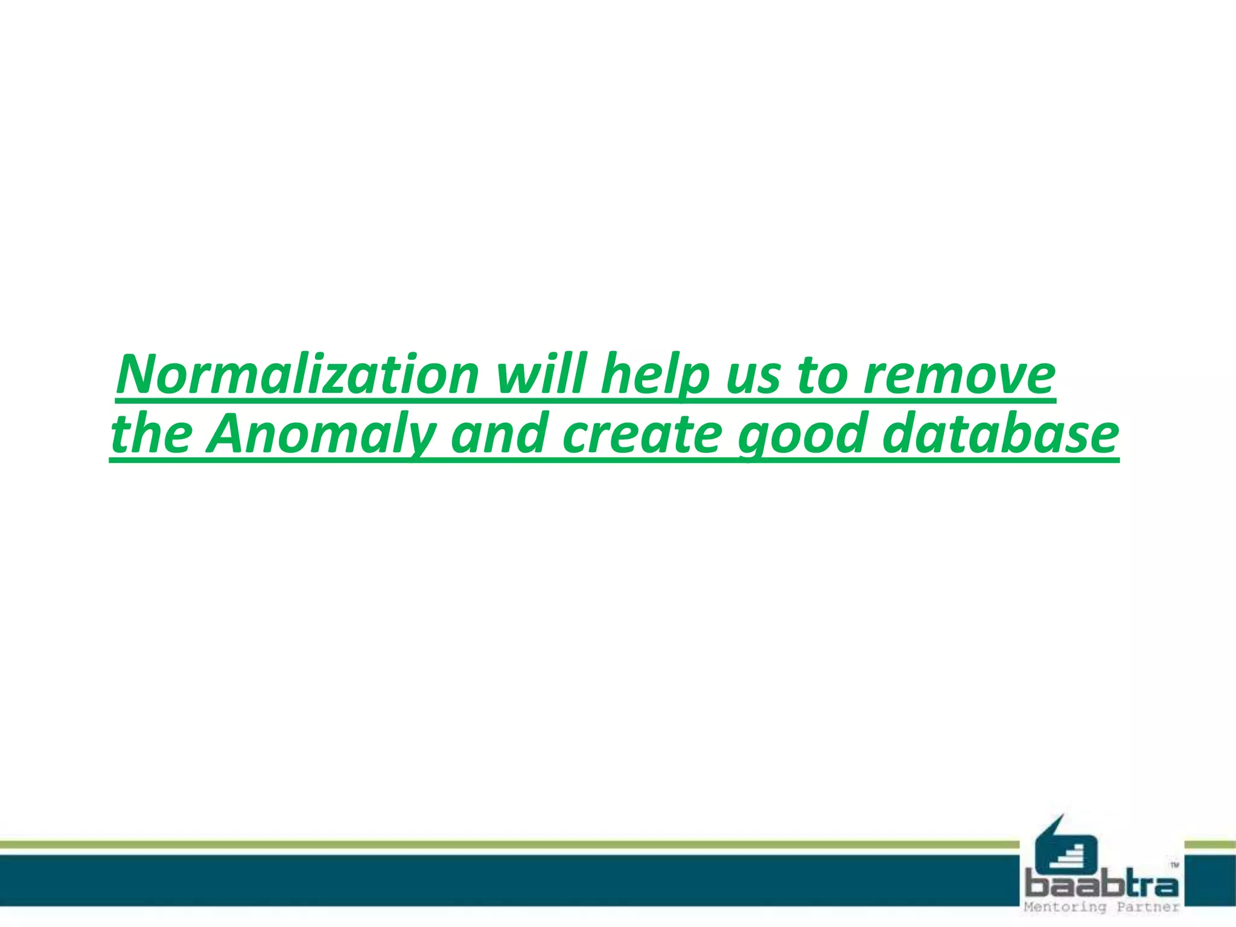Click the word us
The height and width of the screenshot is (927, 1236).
pyautogui.click(x=753, y=377)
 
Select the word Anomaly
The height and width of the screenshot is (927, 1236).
pyautogui.click(x=320, y=435)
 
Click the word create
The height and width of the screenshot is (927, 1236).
pyautogui.click(x=642, y=434)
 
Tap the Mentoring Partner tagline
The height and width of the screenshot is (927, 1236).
pyautogui.click(x=1101, y=907)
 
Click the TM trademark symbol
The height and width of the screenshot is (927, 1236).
pyautogui.click(x=1174, y=865)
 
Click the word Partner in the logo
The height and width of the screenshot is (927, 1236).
pyautogui.click(x=1147, y=907)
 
